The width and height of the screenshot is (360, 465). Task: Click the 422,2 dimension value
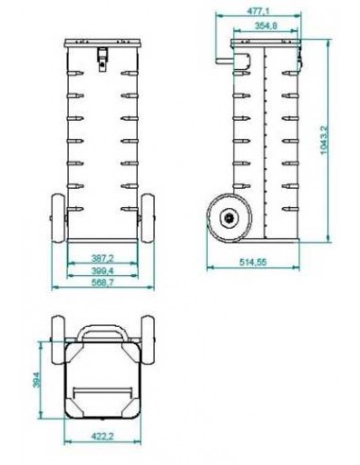click(x=102, y=438)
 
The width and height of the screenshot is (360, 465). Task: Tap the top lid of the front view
click(x=102, y=44)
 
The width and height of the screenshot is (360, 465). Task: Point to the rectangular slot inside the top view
click(x=102, y=388)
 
